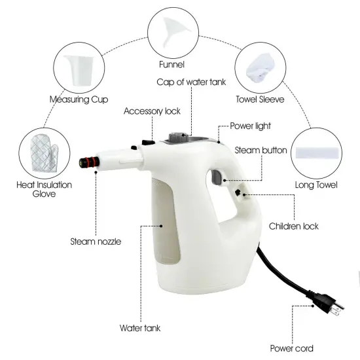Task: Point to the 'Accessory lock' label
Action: pyautogui.click(x=152, y=111)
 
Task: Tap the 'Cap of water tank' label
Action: pyautogui.click(x=191, y=82)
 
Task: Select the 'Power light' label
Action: pyautogui.click(x=250, y=126)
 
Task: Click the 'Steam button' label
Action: pyautogui.click(x=261, y=151)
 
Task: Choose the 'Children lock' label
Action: pyautogui.click(x=294, y=226)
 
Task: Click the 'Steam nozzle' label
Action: pyautogui.click(x=96, y=242)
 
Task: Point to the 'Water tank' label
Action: pyautogui.click(x=139, y=328)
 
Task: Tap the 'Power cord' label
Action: pyautogui.click(x=291, y=348)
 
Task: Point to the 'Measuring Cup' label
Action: pyautogui.click(x=79, y=99)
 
